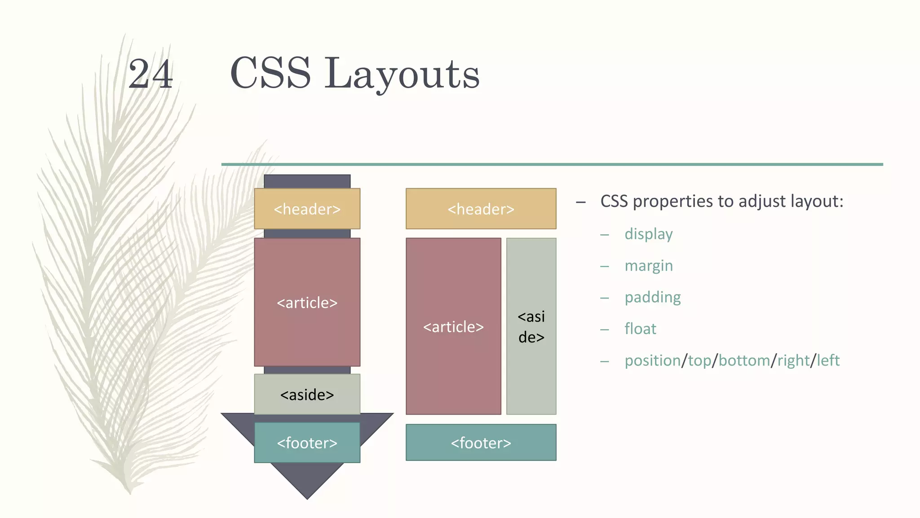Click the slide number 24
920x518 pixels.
pos(150,74)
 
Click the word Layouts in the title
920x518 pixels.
pos(402,74)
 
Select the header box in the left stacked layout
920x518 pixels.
pos(307,209)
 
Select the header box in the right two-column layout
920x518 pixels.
pos(481,209)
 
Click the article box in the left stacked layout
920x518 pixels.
pos(307,302)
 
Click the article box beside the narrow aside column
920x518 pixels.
pos(453,326)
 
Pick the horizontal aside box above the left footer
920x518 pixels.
pos(307,394)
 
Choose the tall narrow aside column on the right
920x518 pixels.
pos(531,326)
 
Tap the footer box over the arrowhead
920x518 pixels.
pos(307,443)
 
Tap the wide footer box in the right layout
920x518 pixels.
pos(481,443)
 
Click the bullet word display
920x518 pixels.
pos(648,234)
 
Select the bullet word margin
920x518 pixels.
pos(648,266)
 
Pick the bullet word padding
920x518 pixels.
pos(652,297)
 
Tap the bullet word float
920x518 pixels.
pos(640,329)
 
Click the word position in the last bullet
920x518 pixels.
pos(652,361)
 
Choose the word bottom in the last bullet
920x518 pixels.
pos(744,361)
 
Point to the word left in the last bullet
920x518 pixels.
pos(828,361)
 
